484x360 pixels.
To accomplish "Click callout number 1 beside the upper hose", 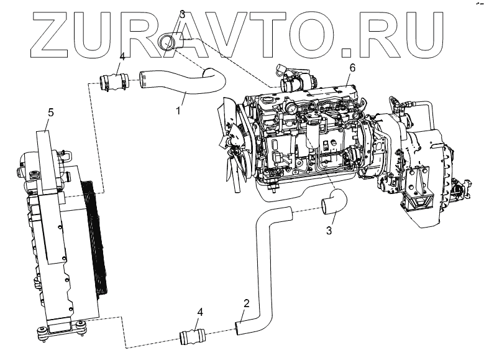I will (178, 111).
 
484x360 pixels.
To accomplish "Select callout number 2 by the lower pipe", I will (247, 304).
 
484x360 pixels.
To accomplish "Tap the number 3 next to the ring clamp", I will (182, 14).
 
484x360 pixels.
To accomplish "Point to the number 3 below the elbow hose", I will (330, 231).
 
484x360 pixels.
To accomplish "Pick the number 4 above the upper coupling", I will (122, 57).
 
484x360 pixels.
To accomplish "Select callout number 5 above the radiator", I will (51, 113).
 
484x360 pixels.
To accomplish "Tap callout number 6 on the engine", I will (352, 67).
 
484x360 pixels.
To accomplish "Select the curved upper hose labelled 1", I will (186, 83).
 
